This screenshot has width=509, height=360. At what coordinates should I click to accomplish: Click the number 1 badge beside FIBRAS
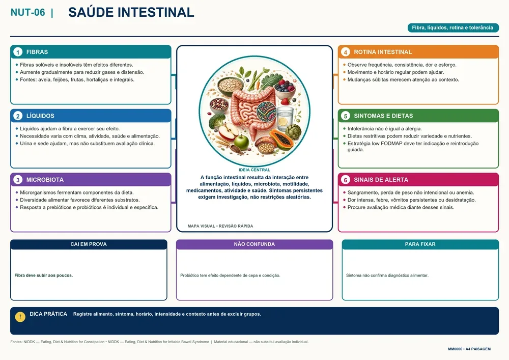pyautogui.click(x=18, y=52)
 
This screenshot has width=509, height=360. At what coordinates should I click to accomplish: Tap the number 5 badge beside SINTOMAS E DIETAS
pyautogui.click(x=346, y=116)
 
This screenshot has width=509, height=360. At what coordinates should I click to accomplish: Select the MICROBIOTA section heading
pyautogui.click(x=45, y=180)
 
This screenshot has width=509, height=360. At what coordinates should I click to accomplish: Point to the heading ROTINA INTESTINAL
pyautogui.click(x=383, y=52)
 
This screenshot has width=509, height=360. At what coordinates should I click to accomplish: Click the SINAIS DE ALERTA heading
pyautogui.click(x=381, y=180)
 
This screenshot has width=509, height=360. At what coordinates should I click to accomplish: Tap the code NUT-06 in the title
pyautogui.click(x=27, y=12)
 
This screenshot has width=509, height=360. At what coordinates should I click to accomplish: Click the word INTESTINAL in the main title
pyautogui.click(x=156, y=12)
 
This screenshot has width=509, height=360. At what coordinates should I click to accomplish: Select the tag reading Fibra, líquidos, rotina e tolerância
pyautogui.click(x=453, y=27)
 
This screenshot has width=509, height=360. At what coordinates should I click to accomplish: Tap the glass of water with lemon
pyautogui.click(x=285, y=119)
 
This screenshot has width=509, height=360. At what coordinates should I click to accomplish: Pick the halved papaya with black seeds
pyautogui.click(x=281, y=139)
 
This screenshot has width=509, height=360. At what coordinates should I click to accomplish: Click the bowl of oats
pyautogui.click(x=230, y=86)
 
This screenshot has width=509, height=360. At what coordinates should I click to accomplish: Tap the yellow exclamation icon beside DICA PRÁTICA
pyautogui.click(x=20, y=317)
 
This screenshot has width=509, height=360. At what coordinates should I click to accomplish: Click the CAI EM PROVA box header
pyautogui.click(x=89, y=244)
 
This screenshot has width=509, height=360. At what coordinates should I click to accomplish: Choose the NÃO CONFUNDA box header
pyautogui.click(x=254, y=244)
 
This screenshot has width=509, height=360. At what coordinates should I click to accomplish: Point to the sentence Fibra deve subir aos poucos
pyautogui.click(x=43, y=275)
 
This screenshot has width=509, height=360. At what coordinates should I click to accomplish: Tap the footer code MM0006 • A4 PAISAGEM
pyautogui.click(x=469, y=349)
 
